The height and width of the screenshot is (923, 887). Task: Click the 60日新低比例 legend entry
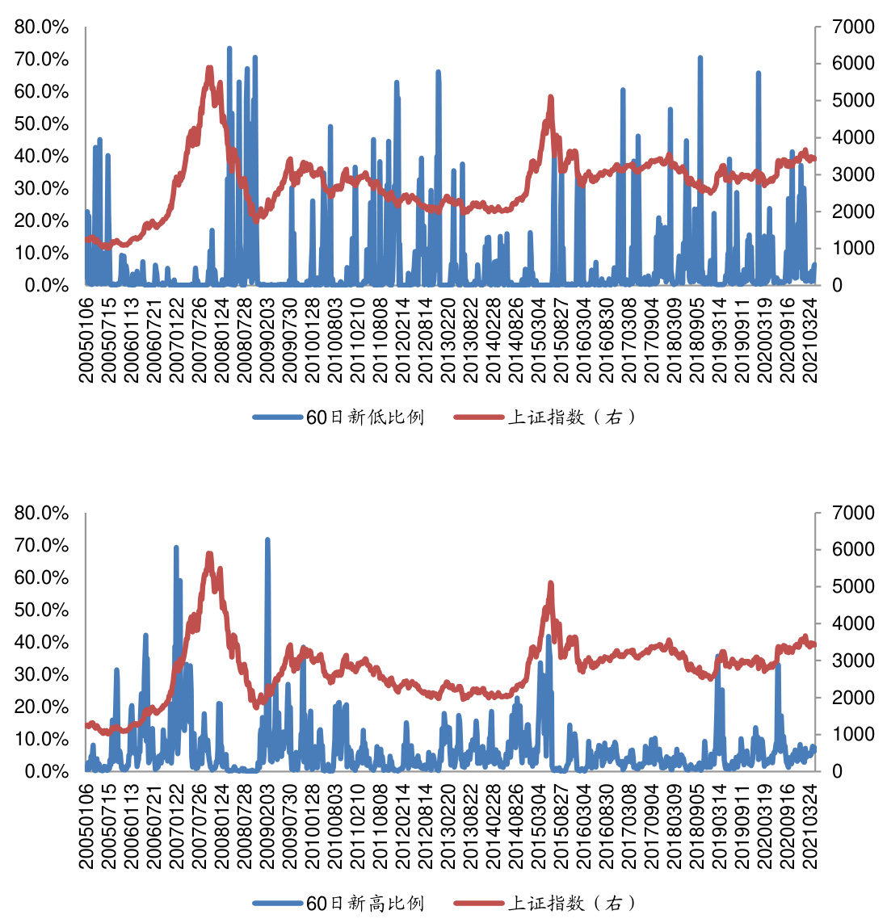(x=364, y=417)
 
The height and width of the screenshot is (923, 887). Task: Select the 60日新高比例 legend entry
(x=364, y=903)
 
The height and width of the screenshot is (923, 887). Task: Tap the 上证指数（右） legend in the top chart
(x=571, y=417)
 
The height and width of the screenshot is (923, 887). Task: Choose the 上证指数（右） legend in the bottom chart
(x=571, y=903)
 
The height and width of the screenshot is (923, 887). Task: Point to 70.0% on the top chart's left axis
(x=41, y=60)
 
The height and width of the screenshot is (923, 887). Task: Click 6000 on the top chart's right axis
(x=854, y=64)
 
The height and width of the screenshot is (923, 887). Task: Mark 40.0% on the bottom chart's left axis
(x=41, y=643)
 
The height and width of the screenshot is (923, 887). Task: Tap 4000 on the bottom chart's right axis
(x=854, y=623)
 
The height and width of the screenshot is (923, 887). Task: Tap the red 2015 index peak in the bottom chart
(x=550, y=583)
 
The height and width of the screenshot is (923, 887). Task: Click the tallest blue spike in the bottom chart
(x=267, y=539)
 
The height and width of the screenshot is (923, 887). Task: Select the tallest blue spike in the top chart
(x=229, y=48)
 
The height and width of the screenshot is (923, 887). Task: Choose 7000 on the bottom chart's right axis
(x=854, y=513)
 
